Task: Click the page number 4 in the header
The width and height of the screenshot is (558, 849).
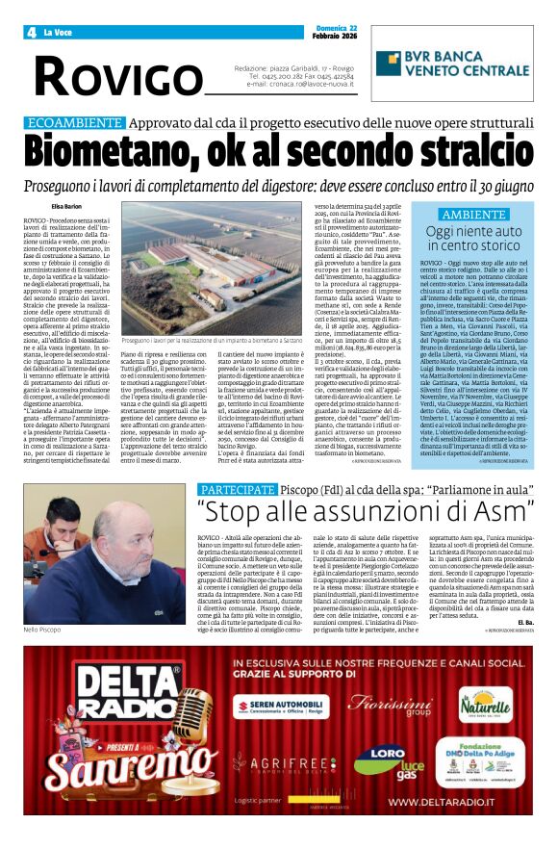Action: point(31,32)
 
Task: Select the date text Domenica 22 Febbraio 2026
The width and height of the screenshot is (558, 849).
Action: point(516,31)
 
